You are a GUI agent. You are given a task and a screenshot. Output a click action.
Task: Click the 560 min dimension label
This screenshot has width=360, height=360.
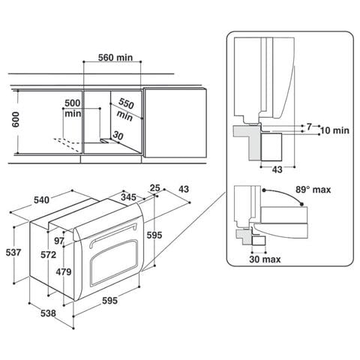point(115,58)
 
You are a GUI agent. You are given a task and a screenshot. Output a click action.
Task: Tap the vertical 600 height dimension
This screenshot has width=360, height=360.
point(16,119)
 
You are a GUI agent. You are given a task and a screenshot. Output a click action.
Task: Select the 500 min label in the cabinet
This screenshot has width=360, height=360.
point(73,108)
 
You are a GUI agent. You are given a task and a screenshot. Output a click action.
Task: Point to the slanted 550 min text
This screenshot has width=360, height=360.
point(125,109)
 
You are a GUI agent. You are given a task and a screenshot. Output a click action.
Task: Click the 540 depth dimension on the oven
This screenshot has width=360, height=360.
point(41,200)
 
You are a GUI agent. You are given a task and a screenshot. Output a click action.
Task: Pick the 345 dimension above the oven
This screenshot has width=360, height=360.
point(128,197)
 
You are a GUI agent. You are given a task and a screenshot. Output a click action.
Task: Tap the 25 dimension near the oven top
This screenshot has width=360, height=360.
point(155,187)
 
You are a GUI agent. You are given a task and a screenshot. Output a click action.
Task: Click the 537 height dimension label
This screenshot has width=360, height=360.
point(13,253)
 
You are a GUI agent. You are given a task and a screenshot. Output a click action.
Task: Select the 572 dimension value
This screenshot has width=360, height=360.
point(49,255)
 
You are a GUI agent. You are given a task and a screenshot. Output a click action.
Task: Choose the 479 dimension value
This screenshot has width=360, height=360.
point(64,271)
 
